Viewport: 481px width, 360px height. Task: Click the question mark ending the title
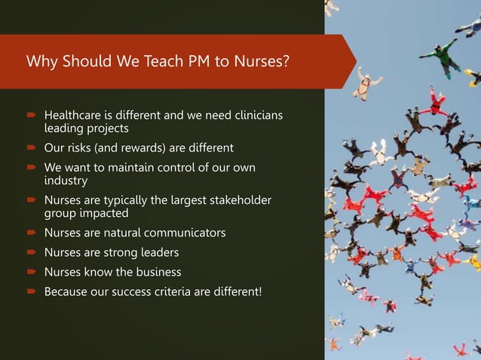tap(286, 62)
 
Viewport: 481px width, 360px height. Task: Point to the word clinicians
tap(254, 116)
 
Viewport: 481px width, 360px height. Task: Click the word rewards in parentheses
tap(137, 148)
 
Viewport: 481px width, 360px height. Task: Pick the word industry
tap(66, 181)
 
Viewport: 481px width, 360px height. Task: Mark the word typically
tap(130, 200)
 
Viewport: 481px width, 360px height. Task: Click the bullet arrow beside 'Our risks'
tap(32, 148)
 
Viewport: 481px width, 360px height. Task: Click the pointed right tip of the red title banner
tap(355, 62)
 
